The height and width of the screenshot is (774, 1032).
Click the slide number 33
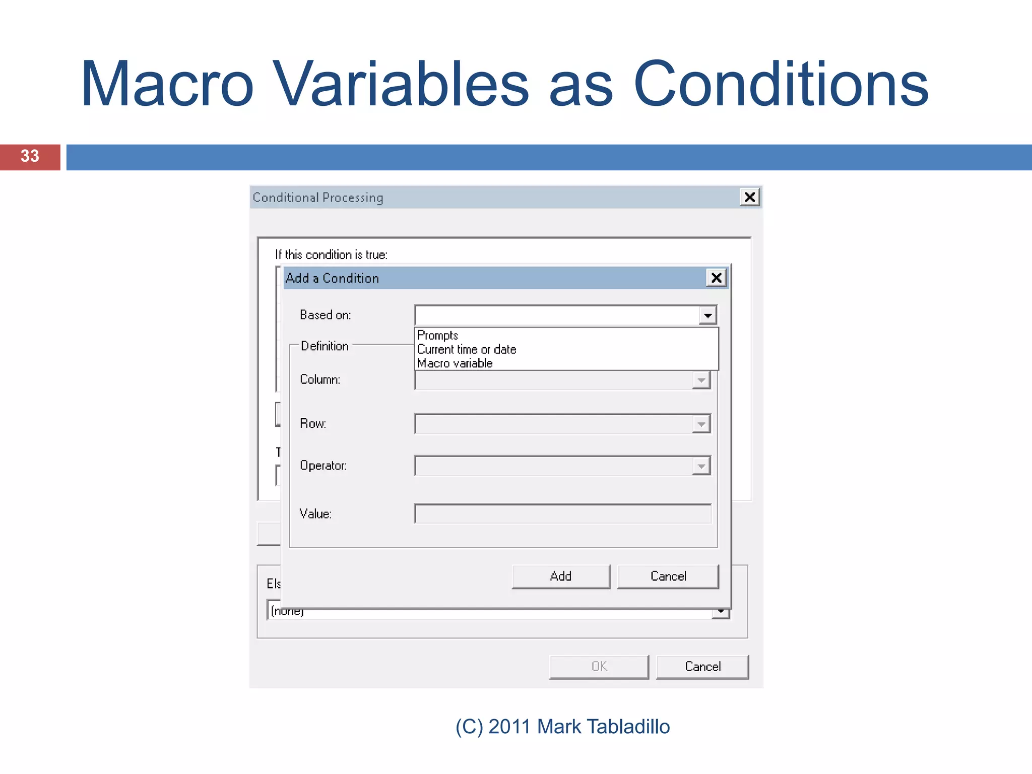click(30, 156)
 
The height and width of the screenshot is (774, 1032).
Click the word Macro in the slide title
click(167, 84)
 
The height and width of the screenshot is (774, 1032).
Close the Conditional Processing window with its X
click(749, 197)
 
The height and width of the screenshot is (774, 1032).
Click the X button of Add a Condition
click(716, 278)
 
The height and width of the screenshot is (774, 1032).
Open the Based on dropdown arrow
click(707, 315)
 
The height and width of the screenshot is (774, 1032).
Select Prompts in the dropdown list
click(437, 336)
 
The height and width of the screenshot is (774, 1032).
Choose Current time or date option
click(467, 349)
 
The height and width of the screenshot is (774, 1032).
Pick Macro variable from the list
click(455, 363)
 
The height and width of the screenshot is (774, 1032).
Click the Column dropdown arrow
click(701, 380)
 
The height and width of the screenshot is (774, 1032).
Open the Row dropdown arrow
click(701, 424)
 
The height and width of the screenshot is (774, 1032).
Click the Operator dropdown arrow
click(701, 466)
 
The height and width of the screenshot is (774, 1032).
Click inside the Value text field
click(562, 514)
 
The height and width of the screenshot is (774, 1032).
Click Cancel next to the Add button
click(668, 576)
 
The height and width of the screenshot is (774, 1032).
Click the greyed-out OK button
click(599, 667)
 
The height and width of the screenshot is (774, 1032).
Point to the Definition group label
click(325, 346)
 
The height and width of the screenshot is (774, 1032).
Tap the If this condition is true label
click(331, 254)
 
